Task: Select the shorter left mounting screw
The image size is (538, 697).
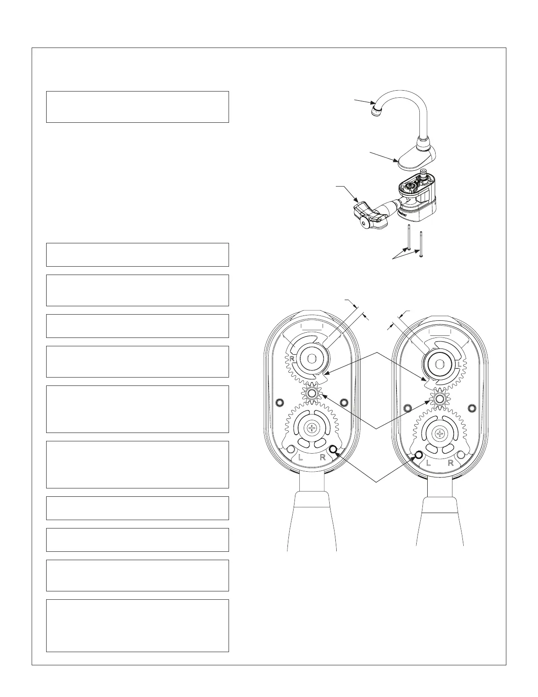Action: pos(410,238)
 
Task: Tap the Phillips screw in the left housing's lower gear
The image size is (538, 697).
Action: pos(313,427)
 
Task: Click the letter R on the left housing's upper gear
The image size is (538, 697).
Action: pos(291,359)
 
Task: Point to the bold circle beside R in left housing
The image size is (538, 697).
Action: pos(333,449)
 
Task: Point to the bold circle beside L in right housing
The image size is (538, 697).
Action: pos(418,455)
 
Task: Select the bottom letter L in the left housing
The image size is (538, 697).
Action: pos(301,457)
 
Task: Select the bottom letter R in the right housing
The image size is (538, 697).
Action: pos(451,463)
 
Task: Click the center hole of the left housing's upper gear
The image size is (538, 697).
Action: pos(312,359)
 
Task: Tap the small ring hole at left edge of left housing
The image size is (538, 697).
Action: pos(278,402)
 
